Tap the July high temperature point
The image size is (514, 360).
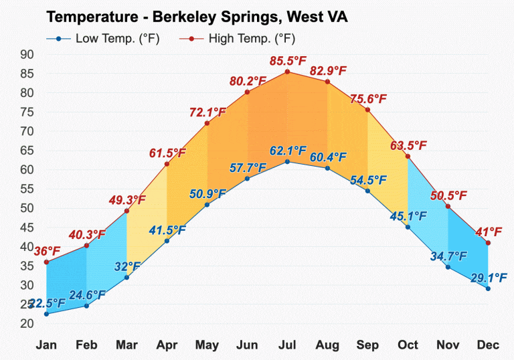tap(287, 72)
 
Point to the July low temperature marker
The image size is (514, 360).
tap(287, 161)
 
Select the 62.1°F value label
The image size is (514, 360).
tap(288, 150)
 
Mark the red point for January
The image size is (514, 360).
tap(46, 262)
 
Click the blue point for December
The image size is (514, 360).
tap(488, 288)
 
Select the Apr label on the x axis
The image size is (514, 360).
tap(167, 345)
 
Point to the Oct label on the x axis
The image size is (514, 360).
tap(408, 345)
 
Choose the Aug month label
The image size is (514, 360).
tap(327, 345)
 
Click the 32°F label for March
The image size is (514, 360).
tap(126, 267)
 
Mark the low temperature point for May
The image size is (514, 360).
tap(207, 204)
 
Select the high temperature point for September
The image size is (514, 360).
tap(367, 110)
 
